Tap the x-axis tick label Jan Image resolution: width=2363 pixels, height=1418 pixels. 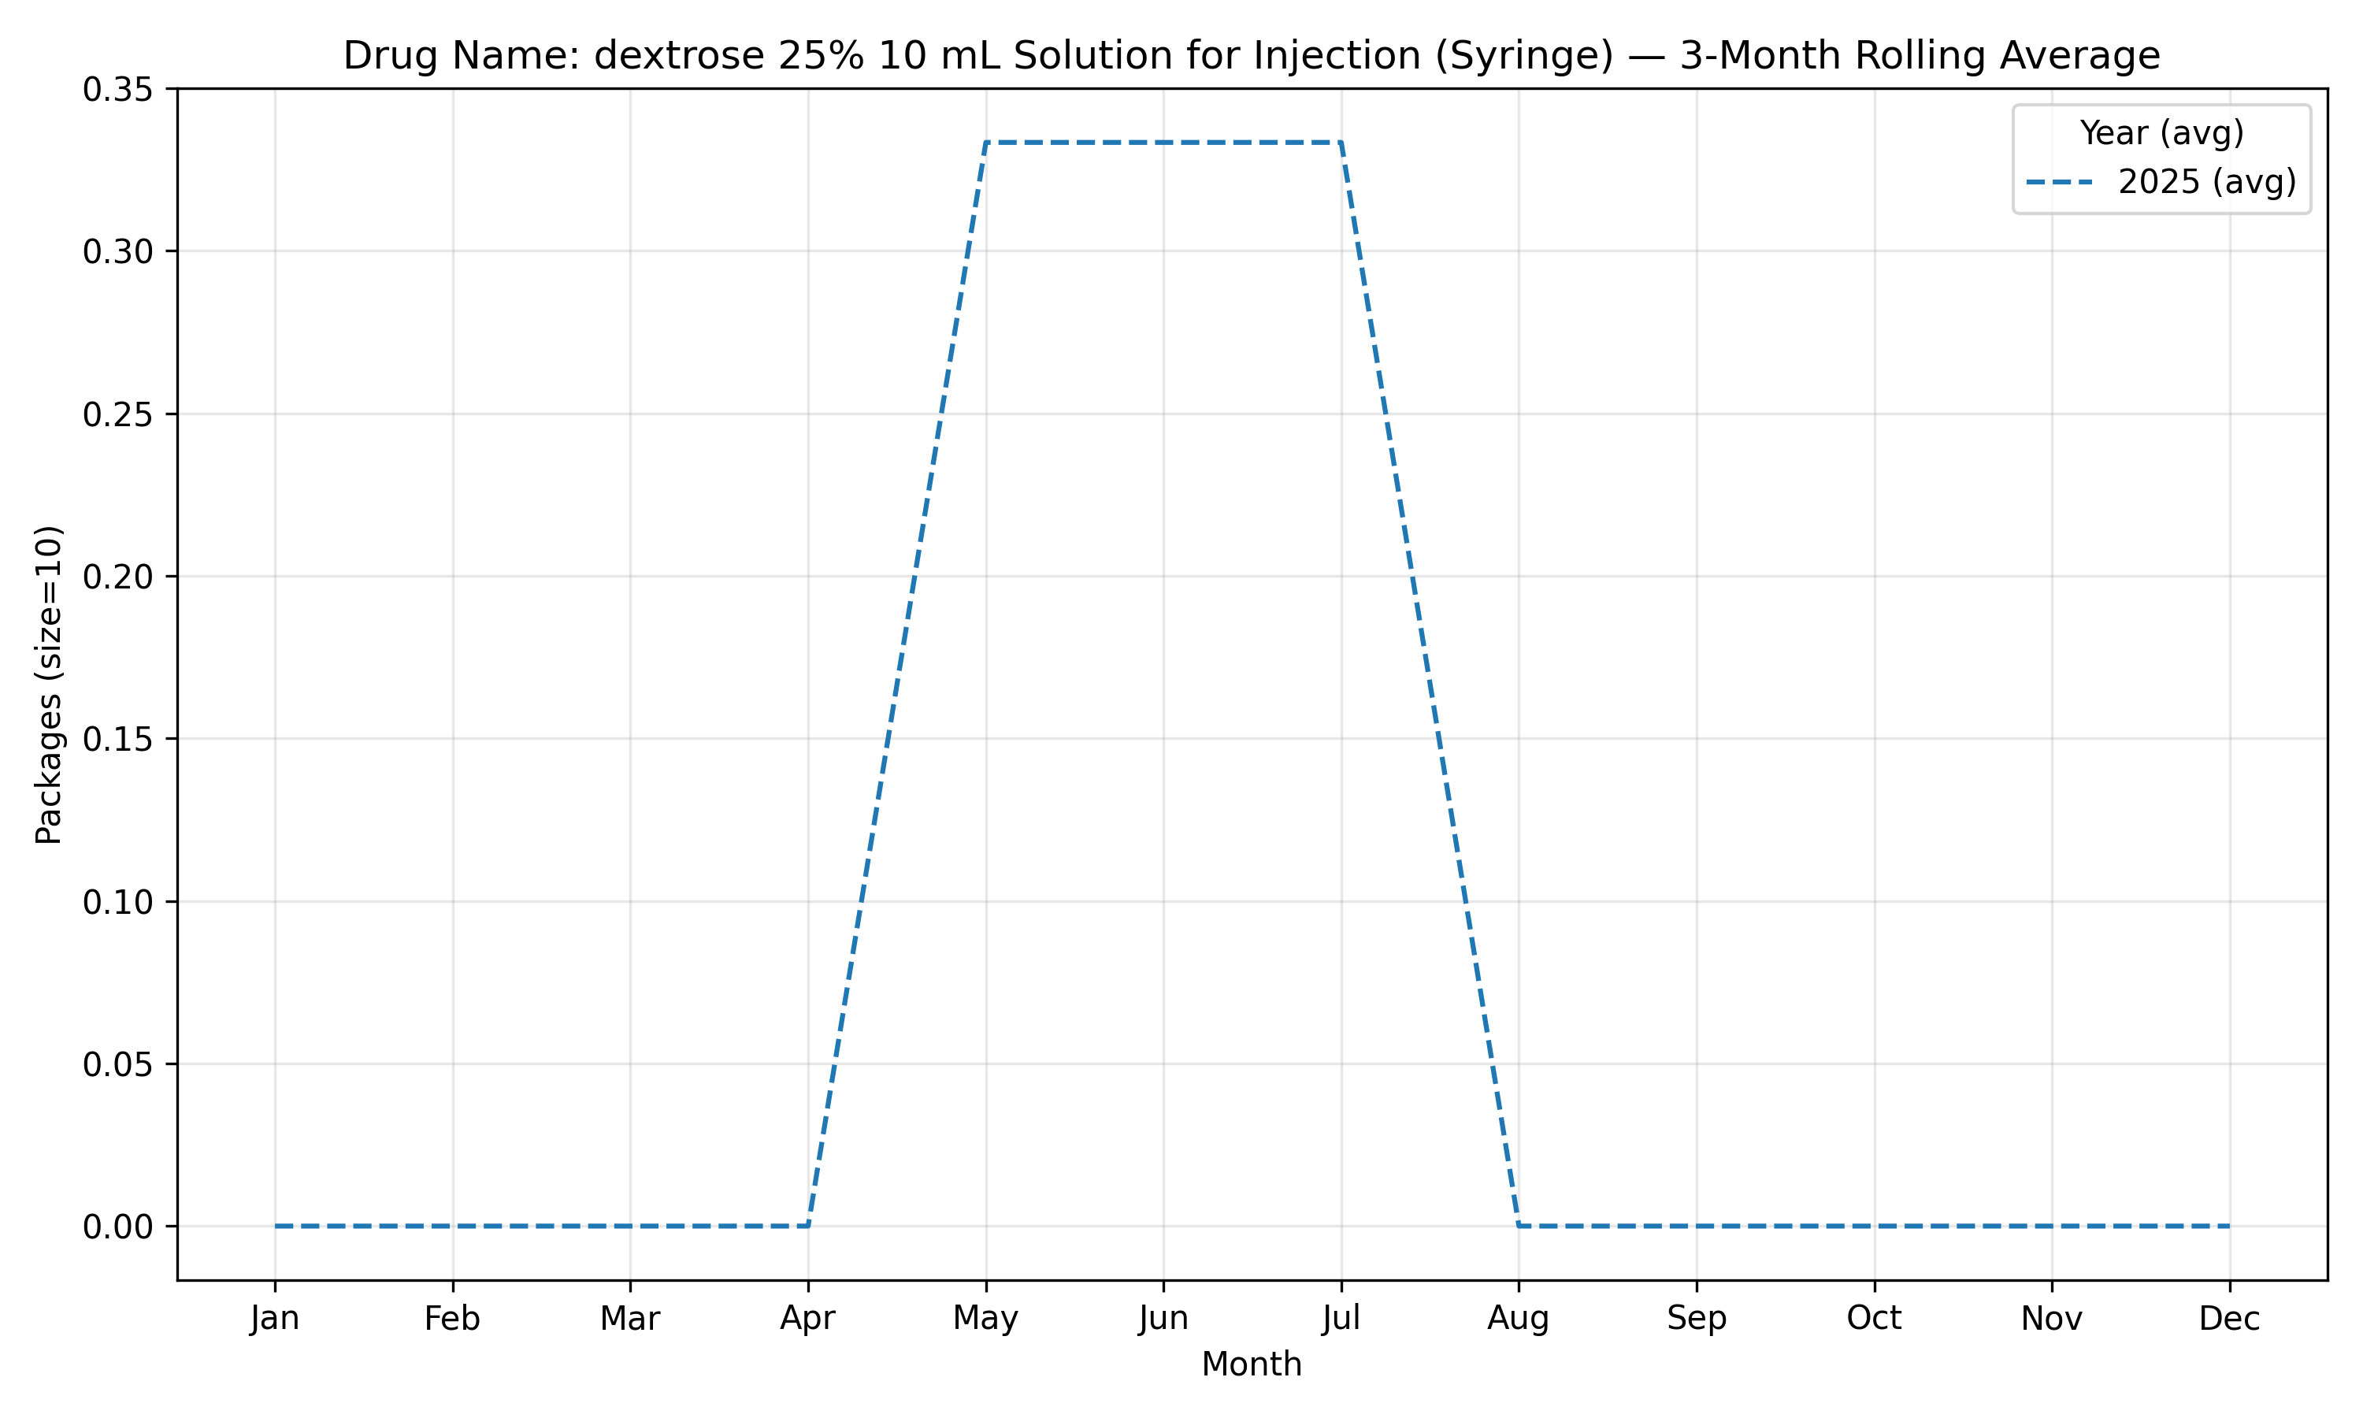[275, 1319]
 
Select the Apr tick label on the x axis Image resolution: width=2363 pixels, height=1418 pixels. [808, 1320]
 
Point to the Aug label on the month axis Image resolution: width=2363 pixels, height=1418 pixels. [1519, 1320]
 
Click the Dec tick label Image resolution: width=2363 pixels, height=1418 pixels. [2229, 1319]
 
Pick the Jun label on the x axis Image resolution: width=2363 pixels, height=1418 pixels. [1163, 1319]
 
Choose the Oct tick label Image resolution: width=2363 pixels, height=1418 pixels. [1874, 1319]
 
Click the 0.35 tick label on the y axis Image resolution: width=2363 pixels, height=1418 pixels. [117, 90]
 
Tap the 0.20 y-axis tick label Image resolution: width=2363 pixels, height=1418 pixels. [117, 577]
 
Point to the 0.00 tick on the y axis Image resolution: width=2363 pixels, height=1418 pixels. [117, 1227]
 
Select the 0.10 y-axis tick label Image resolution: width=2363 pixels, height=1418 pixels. [117, 902]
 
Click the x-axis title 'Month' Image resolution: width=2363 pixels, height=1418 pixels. [1252, 1364]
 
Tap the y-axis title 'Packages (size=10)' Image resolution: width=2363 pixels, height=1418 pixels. [49, 685]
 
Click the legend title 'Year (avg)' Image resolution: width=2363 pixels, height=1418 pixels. [2162, 133]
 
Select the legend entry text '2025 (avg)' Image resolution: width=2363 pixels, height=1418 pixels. [2207, 181]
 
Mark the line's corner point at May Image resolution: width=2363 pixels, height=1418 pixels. [985, 143]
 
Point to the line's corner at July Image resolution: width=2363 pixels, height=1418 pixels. [1341, 143]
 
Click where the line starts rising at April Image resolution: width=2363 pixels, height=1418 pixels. [808, 1226]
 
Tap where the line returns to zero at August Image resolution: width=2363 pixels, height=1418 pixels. [1519, 1226]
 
